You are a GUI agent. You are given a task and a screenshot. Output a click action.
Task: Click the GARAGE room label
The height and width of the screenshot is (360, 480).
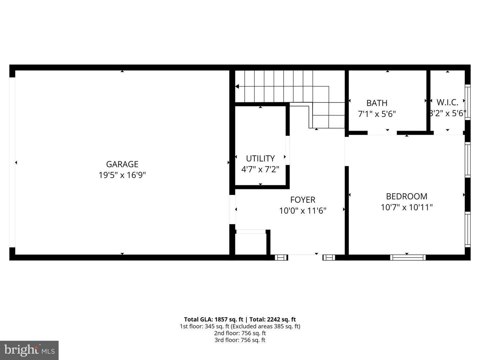[x=122, y=164]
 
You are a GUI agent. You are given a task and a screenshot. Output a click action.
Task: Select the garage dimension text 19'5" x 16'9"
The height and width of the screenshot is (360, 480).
[x=122, y=175]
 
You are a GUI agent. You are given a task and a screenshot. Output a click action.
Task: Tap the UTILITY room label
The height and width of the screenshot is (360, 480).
[x=260, y=158]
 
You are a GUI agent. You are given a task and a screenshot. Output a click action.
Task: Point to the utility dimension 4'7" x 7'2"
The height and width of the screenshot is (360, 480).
[x=260, y=169]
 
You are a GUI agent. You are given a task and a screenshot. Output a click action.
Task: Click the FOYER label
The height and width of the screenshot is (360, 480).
[x=303, y=200]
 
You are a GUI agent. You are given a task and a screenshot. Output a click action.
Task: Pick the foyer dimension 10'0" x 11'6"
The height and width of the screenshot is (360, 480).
[x=303, y=211]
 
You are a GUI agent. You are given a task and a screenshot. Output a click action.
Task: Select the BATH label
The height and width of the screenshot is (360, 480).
[x=377, y=103]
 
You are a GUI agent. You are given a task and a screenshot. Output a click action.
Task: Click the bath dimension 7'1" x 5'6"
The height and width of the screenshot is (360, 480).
[x=377, y=114]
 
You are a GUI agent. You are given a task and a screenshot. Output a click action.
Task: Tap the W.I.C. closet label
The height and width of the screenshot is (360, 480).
[x=447, y=102]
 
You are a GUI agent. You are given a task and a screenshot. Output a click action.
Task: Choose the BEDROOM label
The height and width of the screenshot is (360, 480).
[x=407, y=196]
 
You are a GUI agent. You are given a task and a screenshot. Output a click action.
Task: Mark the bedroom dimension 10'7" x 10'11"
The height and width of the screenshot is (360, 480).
[x=407, y=207]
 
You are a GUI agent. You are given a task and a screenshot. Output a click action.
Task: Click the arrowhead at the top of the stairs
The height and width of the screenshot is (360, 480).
[x=237, y=86]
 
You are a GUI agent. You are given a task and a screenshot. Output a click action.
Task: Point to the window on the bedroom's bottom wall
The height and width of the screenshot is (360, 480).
[x=408, y=257]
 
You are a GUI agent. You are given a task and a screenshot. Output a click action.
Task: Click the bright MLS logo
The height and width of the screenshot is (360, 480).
[x=29, y=350]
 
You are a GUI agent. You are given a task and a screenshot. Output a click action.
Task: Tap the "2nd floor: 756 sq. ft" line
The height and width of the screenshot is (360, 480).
[x=240, y=333]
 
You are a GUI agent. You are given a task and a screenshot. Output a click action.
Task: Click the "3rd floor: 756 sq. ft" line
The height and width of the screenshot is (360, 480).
[x=240, y=340]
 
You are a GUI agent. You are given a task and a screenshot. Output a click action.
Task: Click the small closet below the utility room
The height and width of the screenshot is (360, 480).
[x=251, y=244]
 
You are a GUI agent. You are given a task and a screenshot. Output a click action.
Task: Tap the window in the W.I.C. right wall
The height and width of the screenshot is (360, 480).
[x=468, y=102]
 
